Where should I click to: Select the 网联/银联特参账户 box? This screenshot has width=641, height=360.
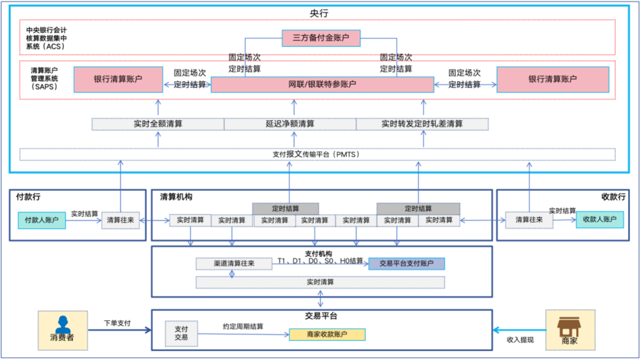tap(322, 85)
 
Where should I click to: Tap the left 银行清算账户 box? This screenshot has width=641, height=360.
tap(118, 79)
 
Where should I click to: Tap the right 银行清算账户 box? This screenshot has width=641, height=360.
tap(553, 79)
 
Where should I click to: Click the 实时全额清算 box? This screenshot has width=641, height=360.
tap(158, 124)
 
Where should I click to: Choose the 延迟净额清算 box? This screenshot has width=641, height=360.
tap(290, 124)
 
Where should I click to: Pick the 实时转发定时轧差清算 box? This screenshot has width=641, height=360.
tap(422, 124)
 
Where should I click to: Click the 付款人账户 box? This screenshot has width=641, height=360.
tap(42, 221)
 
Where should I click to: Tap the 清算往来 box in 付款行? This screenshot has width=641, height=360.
tap(120, 220)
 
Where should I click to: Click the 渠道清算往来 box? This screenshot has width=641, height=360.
tap(234, 263)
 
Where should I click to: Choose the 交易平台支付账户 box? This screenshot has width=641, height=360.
tap(406, 263)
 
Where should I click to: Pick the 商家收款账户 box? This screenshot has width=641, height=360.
tap(327, 335)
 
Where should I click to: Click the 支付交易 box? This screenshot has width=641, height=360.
tap(181, 333)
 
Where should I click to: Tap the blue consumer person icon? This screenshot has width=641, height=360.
tap(62, 325)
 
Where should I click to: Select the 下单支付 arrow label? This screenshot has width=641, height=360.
tap(117, 324)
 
